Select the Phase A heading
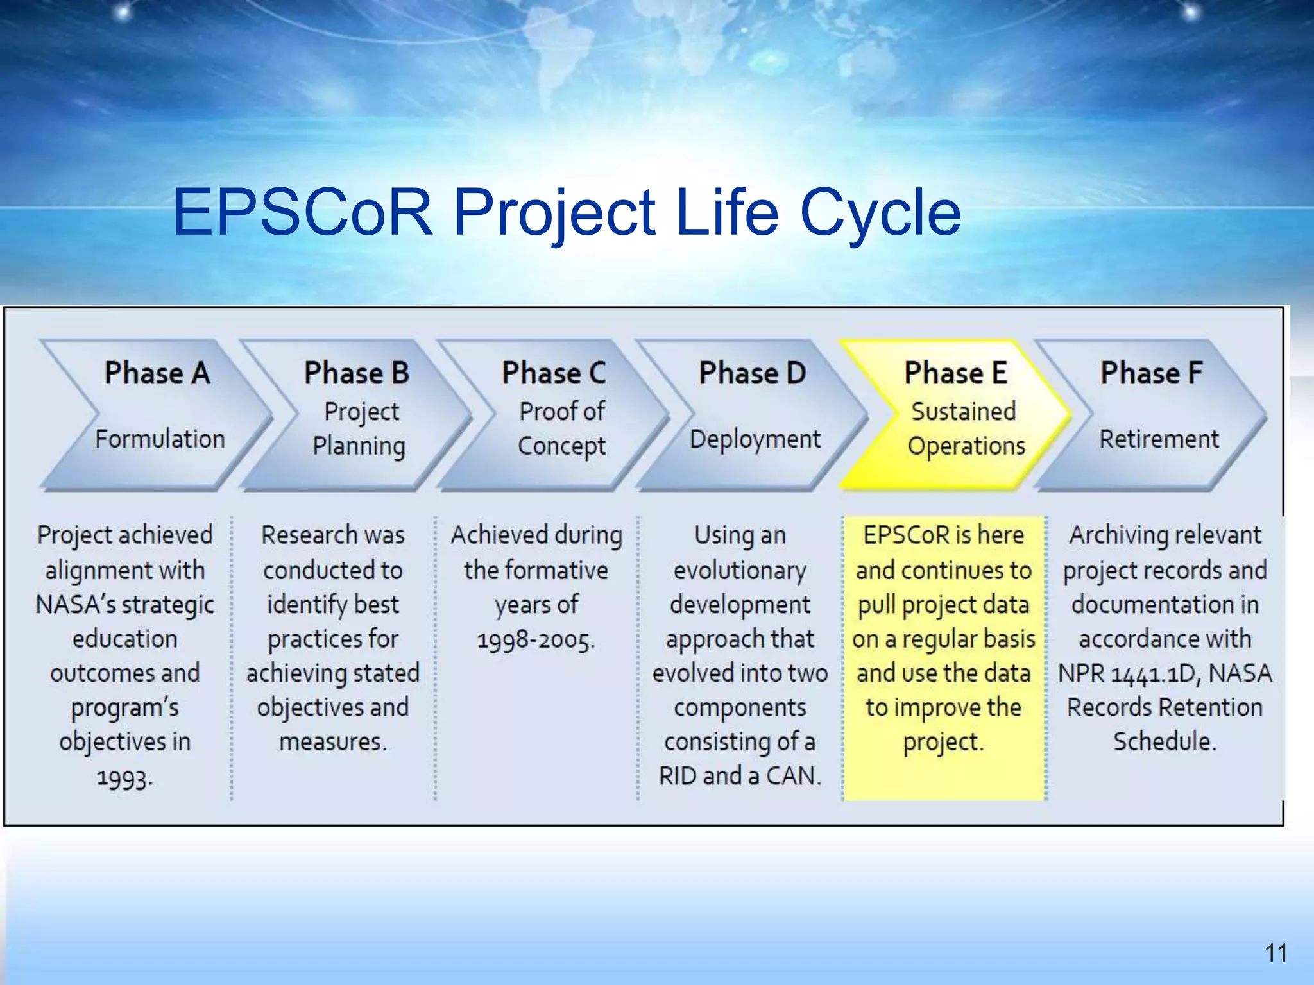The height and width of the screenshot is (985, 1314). [x=157, y=373]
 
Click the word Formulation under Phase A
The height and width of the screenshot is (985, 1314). [x=160, y=439]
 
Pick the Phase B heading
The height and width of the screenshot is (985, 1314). [x=357, y=373]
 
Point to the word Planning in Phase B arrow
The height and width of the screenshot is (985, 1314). [x=359, y=446]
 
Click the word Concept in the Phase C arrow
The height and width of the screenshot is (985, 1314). [x=561, y=446]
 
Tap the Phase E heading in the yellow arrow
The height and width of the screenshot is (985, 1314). [x=956, y=373]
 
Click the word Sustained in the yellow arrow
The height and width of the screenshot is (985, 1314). [x=964, y=412]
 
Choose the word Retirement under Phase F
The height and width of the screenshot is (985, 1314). [x=1159, y=439]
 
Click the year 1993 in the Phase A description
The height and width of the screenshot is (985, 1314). [x=124, y=778]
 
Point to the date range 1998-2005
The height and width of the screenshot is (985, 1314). [x=536, y=640]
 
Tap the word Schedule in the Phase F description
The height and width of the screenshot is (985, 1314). [x=1164, y=742]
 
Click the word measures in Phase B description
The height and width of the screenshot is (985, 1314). [x=332, y=742]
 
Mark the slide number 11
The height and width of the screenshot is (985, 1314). [x=1276, y=953]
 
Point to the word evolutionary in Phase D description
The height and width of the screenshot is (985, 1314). [x=740, y=571]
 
